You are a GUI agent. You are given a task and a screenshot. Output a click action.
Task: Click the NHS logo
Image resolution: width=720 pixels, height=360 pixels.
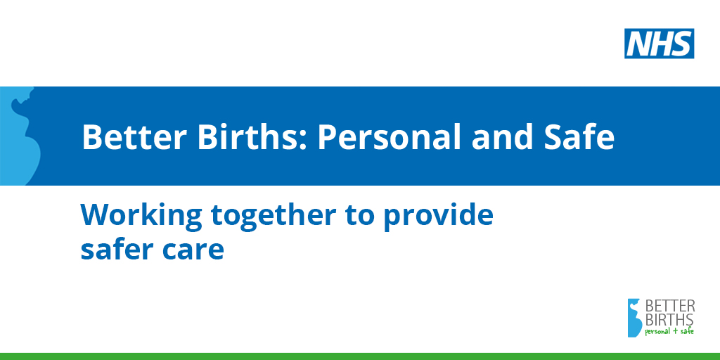pyautogui.click(x=659, y=44)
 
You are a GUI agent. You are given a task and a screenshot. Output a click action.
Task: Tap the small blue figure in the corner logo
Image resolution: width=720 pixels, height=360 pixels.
pyautogui.click(x=635, y=318)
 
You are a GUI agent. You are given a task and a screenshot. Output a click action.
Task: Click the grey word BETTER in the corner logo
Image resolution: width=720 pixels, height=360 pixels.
pyautogui.click(x=670, y=307)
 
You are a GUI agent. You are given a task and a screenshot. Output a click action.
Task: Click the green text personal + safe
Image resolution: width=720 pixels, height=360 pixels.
pyautogui.click(x=669, y=332)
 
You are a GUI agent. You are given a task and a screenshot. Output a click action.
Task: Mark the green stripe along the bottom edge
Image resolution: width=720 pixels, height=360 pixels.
pyautogui.click(x=360, y=356)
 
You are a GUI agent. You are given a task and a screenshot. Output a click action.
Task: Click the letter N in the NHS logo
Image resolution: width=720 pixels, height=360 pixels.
pyautogui.click(x=638, y=44)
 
